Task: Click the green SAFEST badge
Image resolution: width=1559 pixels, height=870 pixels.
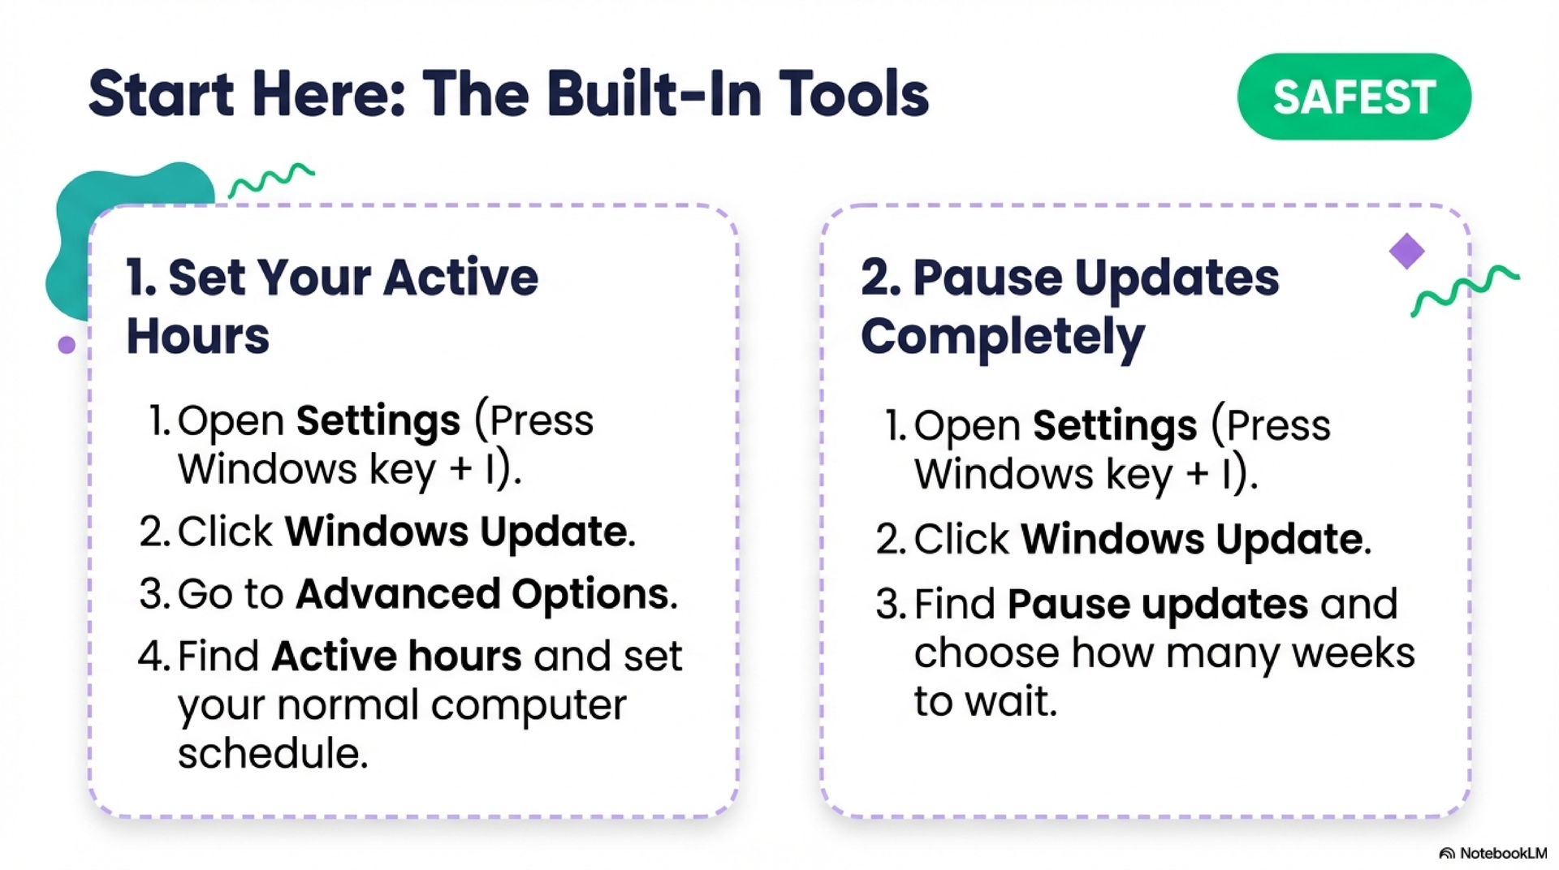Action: pyautogui.click(x=1354, y=97)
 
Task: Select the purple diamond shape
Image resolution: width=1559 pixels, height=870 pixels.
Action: pyautogui.click(x=1406, y=251)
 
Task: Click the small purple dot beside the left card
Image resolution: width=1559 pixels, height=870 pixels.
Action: pyautogui.click(x=67, y=345)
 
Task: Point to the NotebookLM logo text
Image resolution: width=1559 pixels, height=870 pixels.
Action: pyautogui.click(x=1502, y=853)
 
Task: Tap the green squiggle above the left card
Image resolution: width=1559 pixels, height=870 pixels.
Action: pyautogui.click(x=271, y=179)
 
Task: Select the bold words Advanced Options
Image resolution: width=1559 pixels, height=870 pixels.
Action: pyautogui.click(x=485, y=594)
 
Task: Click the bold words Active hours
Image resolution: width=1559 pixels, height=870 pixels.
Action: pyautogui.click(x=396, y=656)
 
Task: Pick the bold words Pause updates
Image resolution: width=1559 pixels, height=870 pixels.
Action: pyautogui.click(x=1157, y=605)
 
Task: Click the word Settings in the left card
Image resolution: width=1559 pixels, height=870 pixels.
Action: pyautogui.click(x=378, y=420)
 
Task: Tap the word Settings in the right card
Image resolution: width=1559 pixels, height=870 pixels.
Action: pyautogui.click(x=1114, y=425)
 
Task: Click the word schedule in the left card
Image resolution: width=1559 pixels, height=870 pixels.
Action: pyautogui.click(x=272, y=754)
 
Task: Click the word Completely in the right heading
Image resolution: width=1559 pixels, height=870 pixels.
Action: pyautogui.click(x=1002, y=337)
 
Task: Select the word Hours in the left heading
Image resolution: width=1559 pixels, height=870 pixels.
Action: pyautogui.click(x=197, y=337)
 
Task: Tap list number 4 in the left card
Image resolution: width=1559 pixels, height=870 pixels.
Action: pyautogui.click(x=152, y=656)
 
